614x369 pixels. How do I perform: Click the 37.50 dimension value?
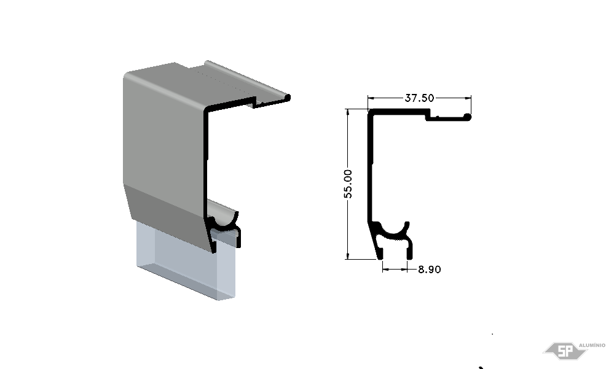419,98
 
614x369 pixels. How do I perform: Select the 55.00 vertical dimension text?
348,184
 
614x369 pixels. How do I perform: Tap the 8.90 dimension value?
430,269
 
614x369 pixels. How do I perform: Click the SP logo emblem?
564,351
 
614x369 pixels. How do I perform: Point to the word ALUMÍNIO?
592,345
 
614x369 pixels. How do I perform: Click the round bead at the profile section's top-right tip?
467,117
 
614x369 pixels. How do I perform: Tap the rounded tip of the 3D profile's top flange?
288,97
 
